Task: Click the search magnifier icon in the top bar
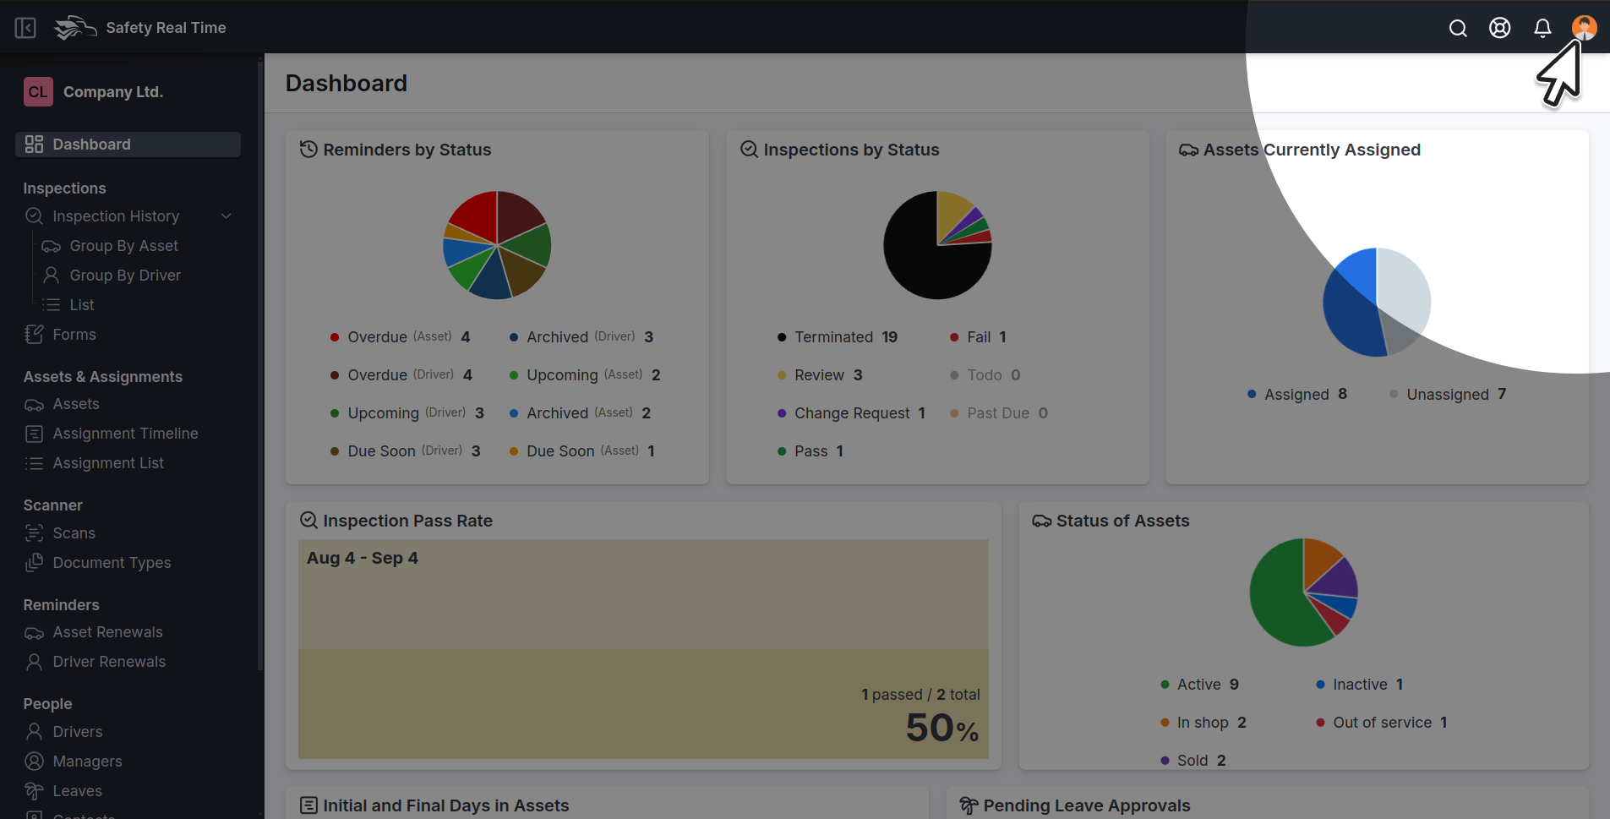tap(1458, 28)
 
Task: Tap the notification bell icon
tap(1542, 28)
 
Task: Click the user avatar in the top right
tap(1584, 27)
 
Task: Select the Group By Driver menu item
tap(125, 276)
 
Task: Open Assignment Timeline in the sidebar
tap(125, 434)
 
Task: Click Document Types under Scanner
tap(112, 563)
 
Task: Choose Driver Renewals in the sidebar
tap(109, 662)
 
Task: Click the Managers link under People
tap(87, 762)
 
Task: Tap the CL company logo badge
tap(38, 92)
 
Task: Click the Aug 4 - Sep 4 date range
tap(363, 558)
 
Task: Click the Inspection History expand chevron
tap(226, 216)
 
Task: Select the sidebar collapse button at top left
tap(25, 28)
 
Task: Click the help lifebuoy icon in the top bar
tap(1500, 28)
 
